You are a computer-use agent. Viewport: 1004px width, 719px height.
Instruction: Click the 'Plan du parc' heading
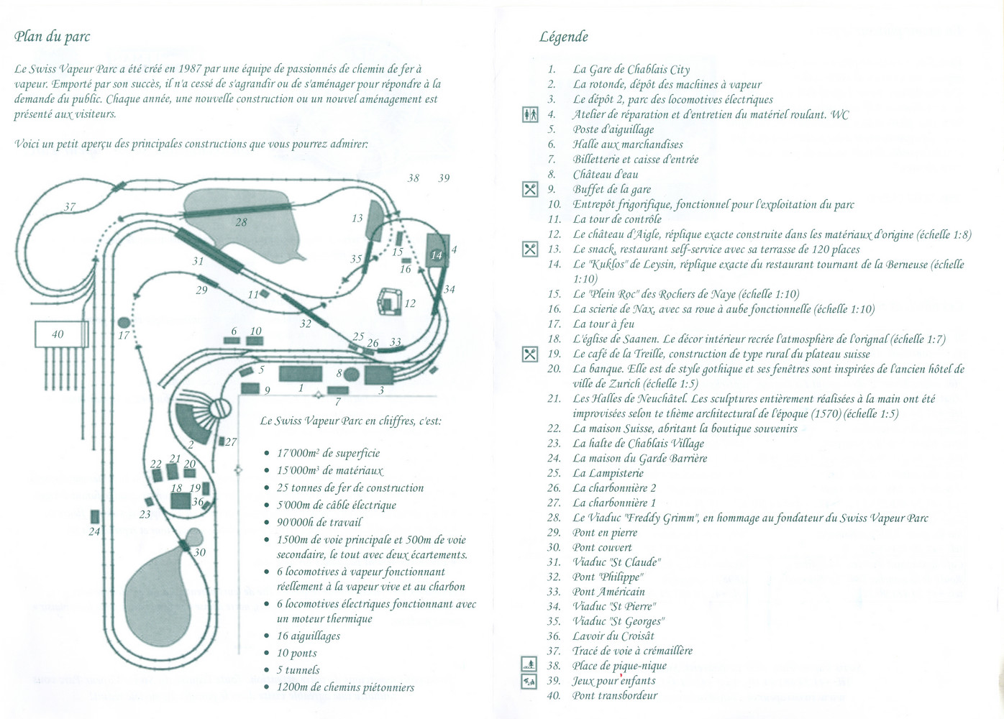pyautogui.click(x=52, y=37)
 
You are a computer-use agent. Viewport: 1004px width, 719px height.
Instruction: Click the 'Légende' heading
pyautogui.click(x=563, y=37)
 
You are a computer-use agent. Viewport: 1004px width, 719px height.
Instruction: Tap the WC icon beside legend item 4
pyautogui.click(x=530, y=115)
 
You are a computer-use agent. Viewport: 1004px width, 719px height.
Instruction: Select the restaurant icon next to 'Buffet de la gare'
pyautogui.click(x=530, y=190)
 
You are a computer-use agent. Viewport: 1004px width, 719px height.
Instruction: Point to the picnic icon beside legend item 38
pyautogui.click(x=529, y=664)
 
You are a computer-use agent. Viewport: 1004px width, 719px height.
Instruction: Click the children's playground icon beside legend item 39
pyautogui.click(x=529, y=682)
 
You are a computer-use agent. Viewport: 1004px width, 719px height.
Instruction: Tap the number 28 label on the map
pyautogui.click(x=241, y=222)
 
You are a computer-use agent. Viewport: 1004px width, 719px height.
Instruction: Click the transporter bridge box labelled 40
pyautogui.click(x=62, y=334)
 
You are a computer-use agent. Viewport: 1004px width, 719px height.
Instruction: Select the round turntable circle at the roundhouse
pyautogui.click(x=220, y=408)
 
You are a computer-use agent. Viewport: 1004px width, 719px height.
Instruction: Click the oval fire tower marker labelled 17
pyautogui.click(x=124, y=322)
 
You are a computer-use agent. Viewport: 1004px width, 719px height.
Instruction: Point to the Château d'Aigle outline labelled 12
pyautogui.click(x=390, y=301)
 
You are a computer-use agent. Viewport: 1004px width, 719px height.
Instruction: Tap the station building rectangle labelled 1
pyautogui.click(x=301, y=374)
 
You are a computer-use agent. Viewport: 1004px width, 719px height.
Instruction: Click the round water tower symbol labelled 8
pyautogui.click(x=352, y=374)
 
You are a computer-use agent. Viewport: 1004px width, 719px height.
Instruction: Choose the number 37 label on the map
pyautogui.click(x=70, y=207)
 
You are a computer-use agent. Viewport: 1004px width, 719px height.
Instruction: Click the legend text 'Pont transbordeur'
pyautogui.click(x=615, y=696)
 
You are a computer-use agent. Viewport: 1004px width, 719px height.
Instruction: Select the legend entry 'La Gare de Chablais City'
pyautogui.click(x=631, y=70)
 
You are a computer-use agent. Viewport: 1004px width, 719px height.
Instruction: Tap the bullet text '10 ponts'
pyautogui.click(x=297, y=653)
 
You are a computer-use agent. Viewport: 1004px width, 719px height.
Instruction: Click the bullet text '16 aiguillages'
pyautogui.click(x=309, y=636)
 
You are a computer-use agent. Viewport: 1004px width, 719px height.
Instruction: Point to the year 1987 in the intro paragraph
pyautogui.click(x=190, y=69)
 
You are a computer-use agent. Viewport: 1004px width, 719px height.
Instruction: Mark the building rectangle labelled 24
pyautogui.click(x=94, y=517)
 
